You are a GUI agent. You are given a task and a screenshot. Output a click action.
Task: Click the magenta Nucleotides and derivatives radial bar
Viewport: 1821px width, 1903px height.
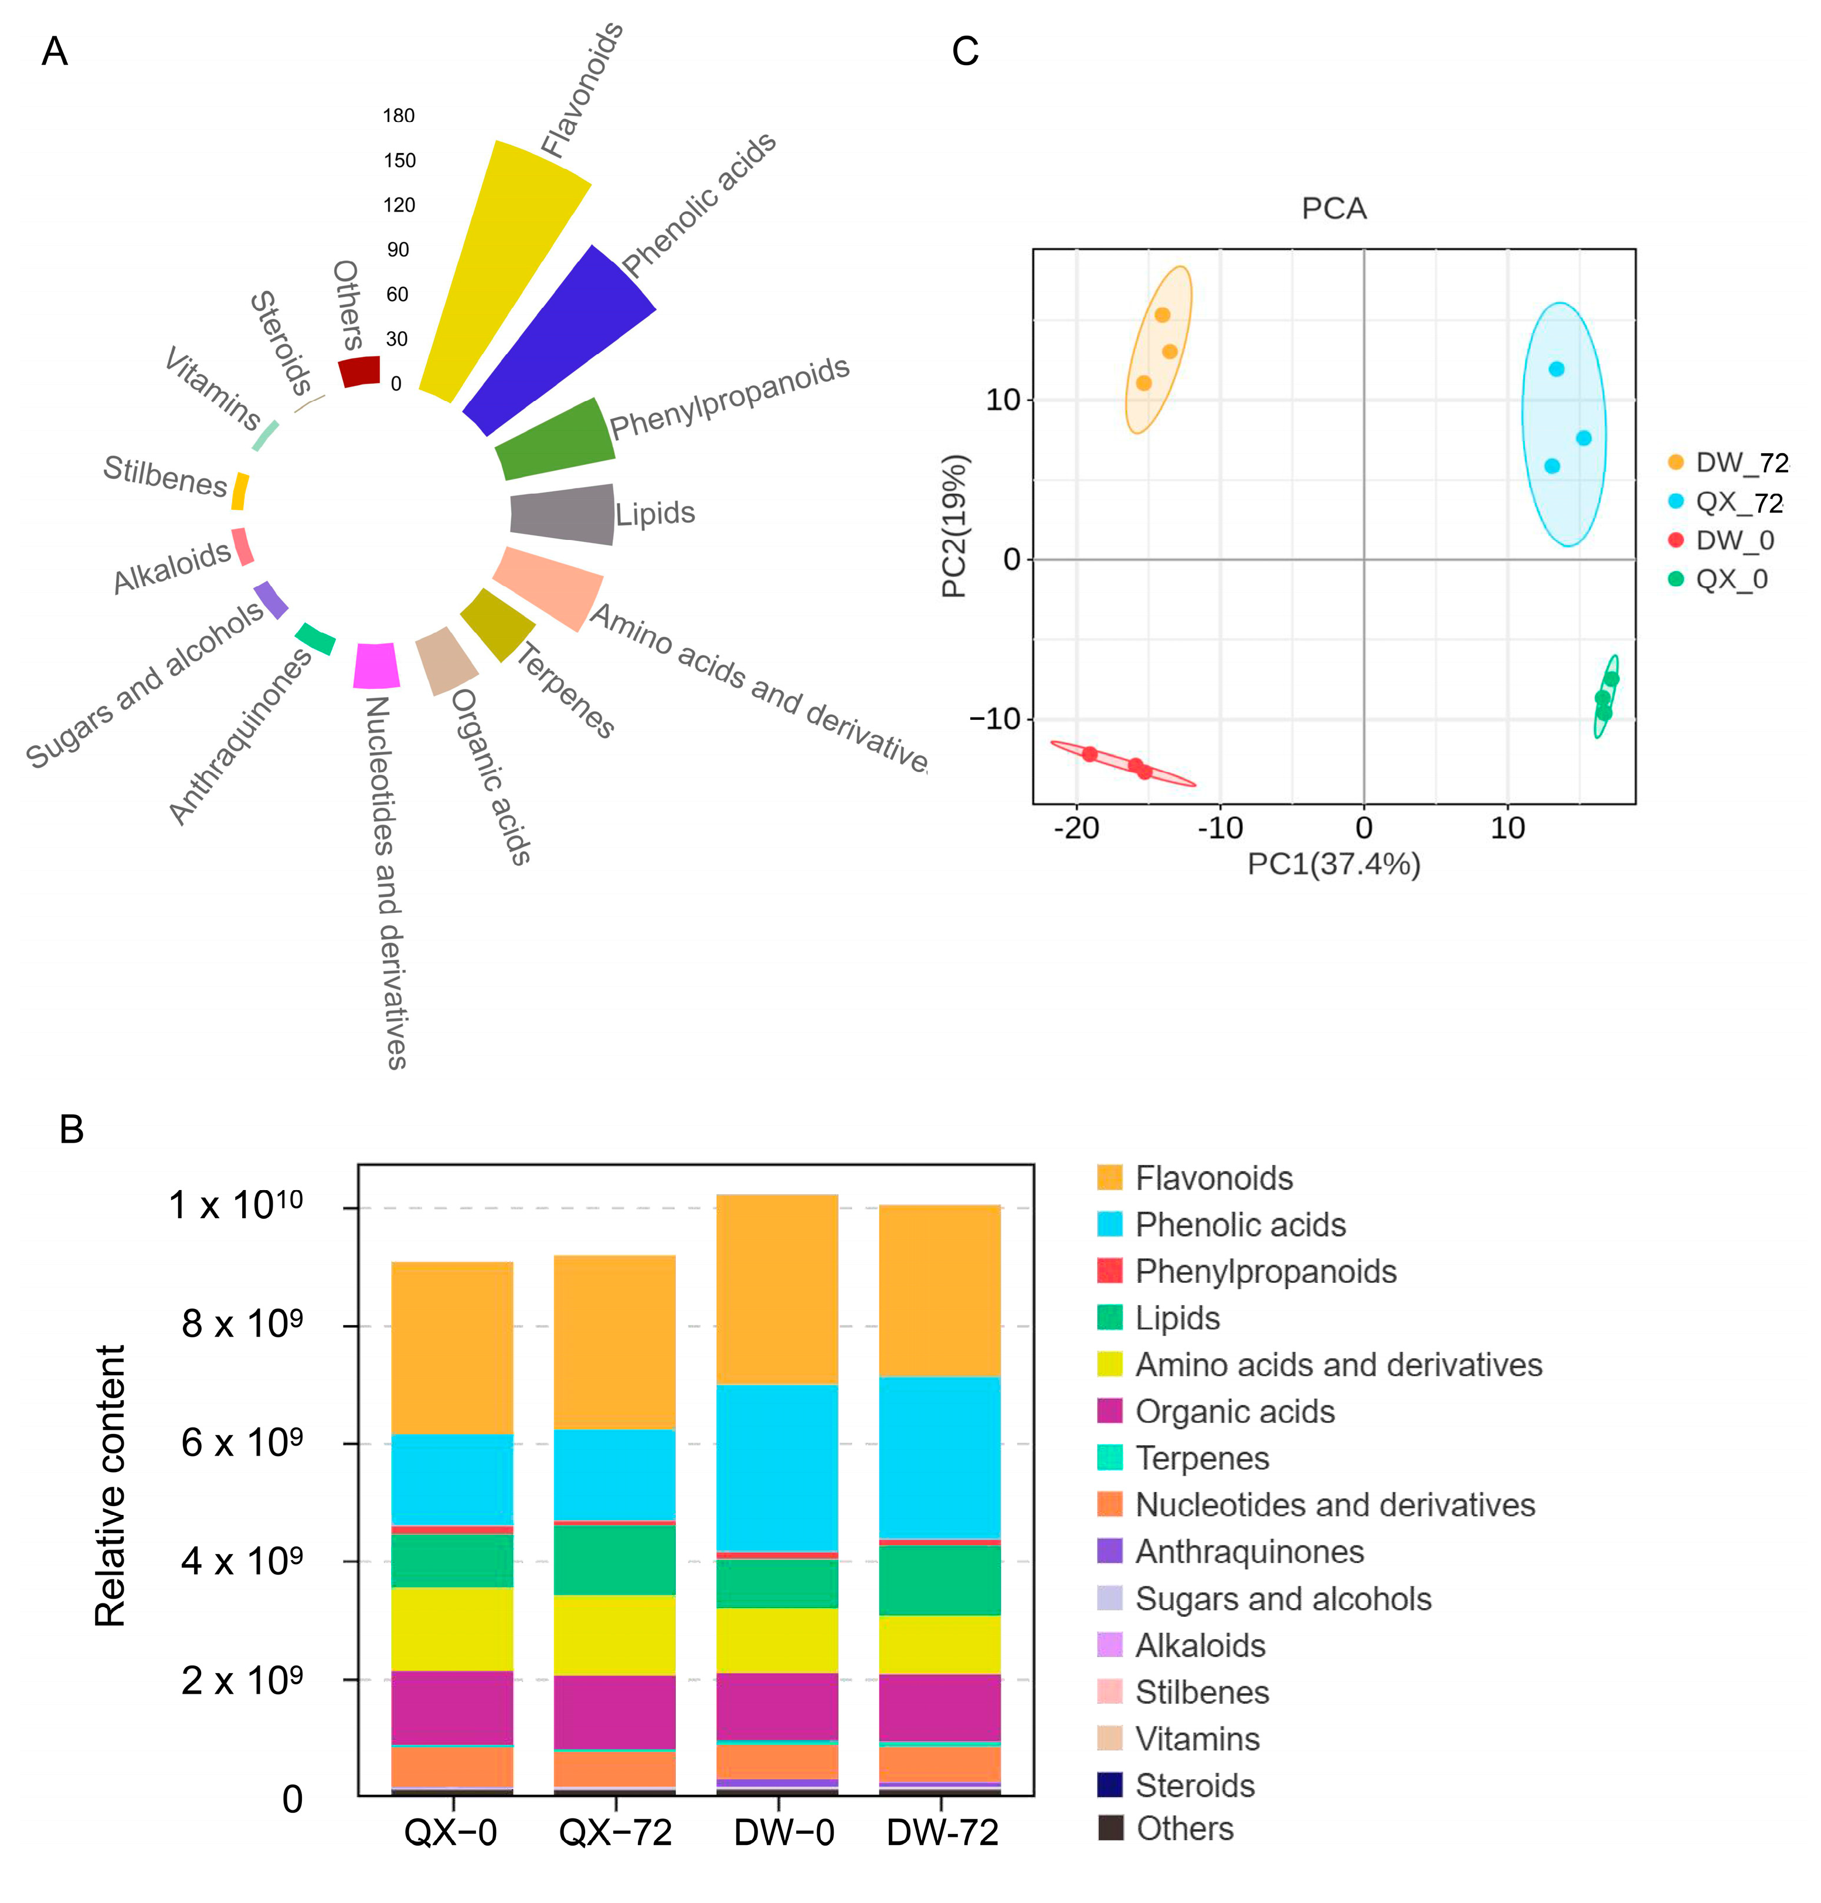pyautogui.click(x=376, y=665)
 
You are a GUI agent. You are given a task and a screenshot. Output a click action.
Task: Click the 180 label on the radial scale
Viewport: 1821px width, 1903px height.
pyautogui.click(x=398, y=115)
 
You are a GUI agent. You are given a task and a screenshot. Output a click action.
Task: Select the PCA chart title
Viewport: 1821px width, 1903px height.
pyautogui.click(x=1334, y=209)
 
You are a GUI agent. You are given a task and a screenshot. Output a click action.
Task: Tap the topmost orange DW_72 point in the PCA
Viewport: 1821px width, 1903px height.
pyautogui.click(x=1162, y=314)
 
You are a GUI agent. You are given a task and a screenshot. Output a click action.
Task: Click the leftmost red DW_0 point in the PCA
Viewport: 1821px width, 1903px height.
pyautogui.click(x=1090, y=754)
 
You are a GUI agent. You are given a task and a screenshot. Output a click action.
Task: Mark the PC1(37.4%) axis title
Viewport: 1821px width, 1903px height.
pyautogui.click(x=1334, y=864)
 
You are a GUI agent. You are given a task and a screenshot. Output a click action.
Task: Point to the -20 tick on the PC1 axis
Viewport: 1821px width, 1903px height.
pyautogui.click(x=1076, y=828)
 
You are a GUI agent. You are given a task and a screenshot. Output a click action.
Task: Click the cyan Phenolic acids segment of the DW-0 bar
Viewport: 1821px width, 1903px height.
pyautogui.click(x=777, y=1467)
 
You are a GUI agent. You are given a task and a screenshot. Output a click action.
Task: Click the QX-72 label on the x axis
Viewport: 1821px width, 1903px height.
pyautogui.click(x=616, y=1832)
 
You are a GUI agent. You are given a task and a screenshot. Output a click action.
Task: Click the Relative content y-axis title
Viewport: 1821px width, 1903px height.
pyautogui.click(x=111, y=1485)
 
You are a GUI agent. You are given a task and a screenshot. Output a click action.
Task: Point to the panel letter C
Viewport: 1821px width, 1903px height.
pyautogui.click(x=965, y=52)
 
